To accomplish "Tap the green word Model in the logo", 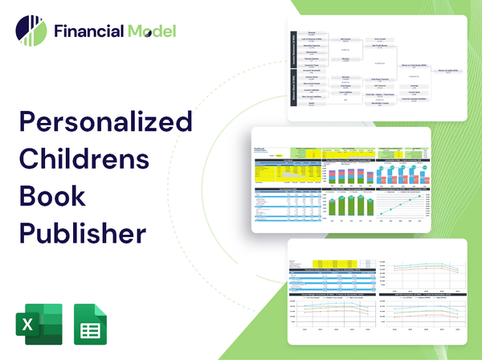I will (x=150, y=32).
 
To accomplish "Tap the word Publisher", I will (x=82, y=233).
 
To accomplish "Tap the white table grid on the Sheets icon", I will (x=92, y=329).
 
